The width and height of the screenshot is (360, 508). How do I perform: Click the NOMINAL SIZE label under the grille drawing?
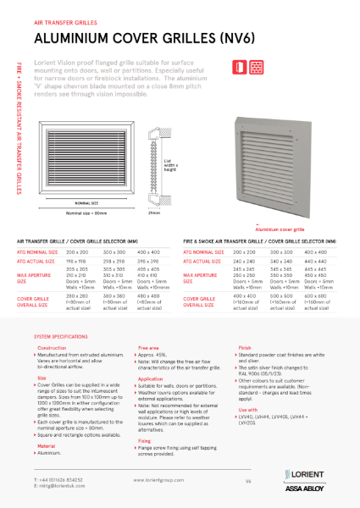point(89,204)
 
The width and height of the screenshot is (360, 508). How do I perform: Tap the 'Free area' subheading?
point(148,348)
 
